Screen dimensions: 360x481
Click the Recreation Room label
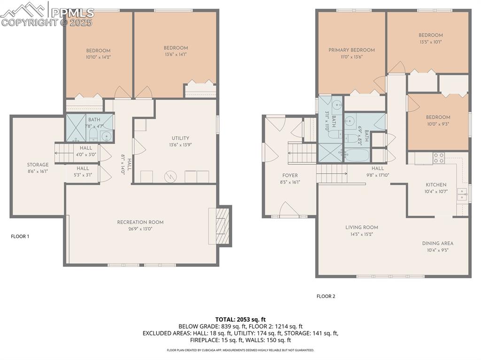(140, 222)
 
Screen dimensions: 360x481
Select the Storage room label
(38, 165)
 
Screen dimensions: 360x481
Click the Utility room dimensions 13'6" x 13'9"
(180, 145)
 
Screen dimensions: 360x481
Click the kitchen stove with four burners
(439, 158)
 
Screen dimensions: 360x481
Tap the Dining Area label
(437, 243)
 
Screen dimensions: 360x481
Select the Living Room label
(364, 227)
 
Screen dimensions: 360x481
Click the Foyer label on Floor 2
(290, 176)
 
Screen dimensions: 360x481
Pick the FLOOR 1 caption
(20, 237)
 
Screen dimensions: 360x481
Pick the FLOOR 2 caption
(326, 296)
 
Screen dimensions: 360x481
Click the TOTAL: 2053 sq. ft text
(240, 320)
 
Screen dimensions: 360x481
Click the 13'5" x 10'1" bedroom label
(431, 42)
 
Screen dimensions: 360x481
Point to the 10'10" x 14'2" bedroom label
(98, 57)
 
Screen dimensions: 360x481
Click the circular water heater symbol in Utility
(169, 176)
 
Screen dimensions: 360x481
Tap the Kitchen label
(436, 184)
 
